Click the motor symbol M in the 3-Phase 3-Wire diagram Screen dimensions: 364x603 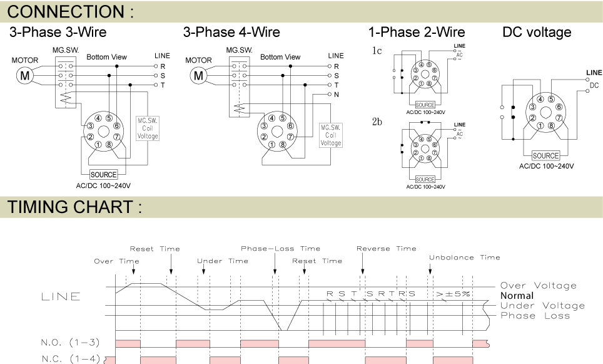[x=25, y=76]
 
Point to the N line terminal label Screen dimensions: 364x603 [x=336, y=94]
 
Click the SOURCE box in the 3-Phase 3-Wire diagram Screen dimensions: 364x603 [x=103, y=174]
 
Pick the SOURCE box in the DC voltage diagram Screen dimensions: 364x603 [x=545, y=155]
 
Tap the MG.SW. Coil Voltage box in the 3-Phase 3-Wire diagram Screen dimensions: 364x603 [x=148, y=128]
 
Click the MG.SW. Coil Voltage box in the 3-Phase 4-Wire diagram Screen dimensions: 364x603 [x=331, y=135]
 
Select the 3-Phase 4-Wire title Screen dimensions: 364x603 [x=231, y=32]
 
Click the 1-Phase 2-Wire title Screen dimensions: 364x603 [x=417, y=32]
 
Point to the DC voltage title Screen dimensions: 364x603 [x=537, y=32]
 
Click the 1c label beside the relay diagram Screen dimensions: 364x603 [x=377, y=51]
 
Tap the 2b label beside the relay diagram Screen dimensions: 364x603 [x=377, y=122]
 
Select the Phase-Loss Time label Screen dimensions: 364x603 [x=280, y=249]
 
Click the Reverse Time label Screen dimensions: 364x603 [x=386, y=249]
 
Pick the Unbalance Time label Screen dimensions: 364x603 [x=464, y=257]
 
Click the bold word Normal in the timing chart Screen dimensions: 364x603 [x=517, y=296]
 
